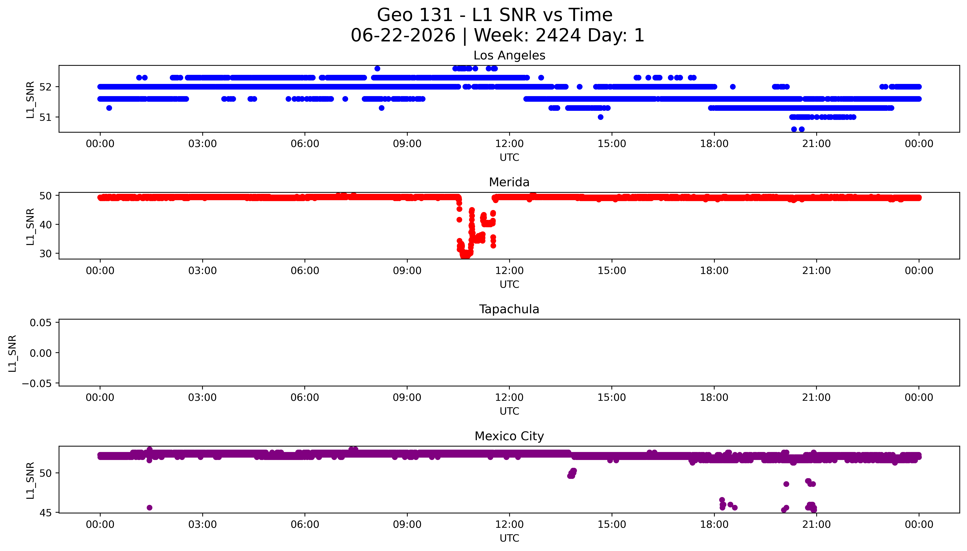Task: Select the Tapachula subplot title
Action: coord(509,309)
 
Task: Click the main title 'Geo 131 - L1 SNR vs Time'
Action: coord(495,15)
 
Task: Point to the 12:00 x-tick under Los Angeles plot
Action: coord(509,144)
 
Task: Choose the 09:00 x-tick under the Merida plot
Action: coord(407,271)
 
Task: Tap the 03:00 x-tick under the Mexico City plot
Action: coord(202,524)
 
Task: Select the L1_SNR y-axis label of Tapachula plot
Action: coord(13,353)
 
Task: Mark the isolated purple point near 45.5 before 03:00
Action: coord(149,507)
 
